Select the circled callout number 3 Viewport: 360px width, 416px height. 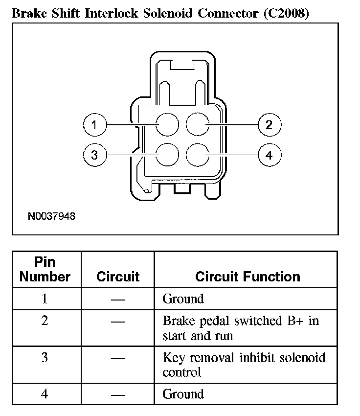(94, 155)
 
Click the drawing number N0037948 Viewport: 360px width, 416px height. (52, 216)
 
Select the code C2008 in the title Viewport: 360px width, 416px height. (286, 13)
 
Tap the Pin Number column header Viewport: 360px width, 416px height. (45, 269)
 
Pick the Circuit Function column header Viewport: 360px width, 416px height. (247, 277)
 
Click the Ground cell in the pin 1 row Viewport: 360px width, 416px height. (183, 299)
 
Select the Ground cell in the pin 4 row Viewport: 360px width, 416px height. (183, 393)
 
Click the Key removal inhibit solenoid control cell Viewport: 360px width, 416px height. (244, 365)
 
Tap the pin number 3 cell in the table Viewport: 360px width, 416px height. (45, 358)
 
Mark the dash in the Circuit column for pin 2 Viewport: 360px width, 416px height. (118, 322)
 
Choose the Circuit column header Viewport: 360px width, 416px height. (118, 277)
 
